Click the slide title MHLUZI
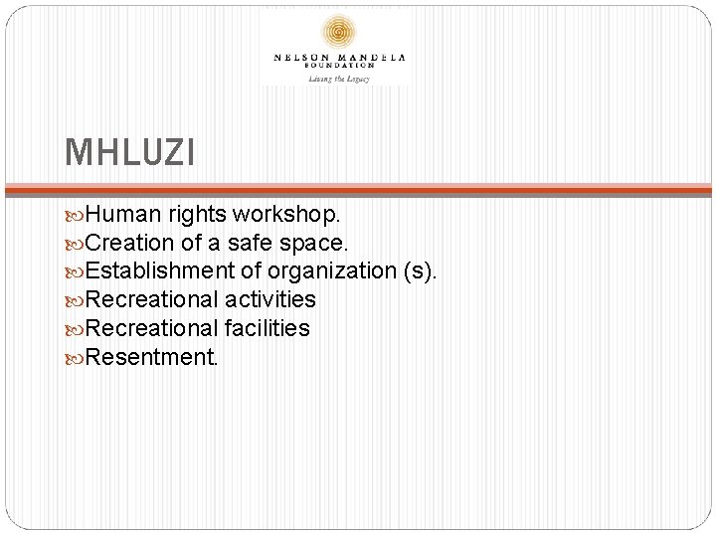click(x=130, y=153)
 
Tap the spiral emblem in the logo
click(x=339, y=33)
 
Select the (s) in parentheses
click(x=417, y=270)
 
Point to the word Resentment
click(x=151, y=356)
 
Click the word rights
click(x=198, y=214)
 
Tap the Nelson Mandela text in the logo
click(x=339, y=57)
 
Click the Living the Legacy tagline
click(x=339, y=78)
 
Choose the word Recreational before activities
click(x=152, y=299)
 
